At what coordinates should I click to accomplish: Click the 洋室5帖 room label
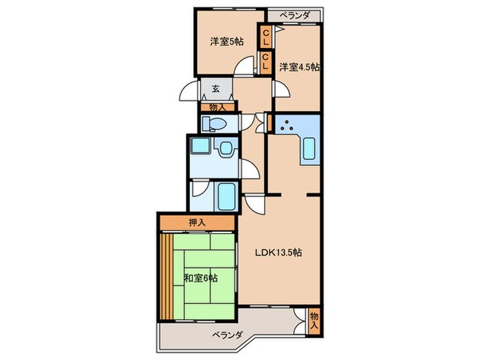(x=226, y=42)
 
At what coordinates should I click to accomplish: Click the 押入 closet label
(x=198, y=223)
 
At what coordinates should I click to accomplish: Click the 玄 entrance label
(x=215, y=88)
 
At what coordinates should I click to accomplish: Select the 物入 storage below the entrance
(x=217, y=106)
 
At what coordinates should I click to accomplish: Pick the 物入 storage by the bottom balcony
(x=314, y=320)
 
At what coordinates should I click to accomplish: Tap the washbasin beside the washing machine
(x=224, y=151)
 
